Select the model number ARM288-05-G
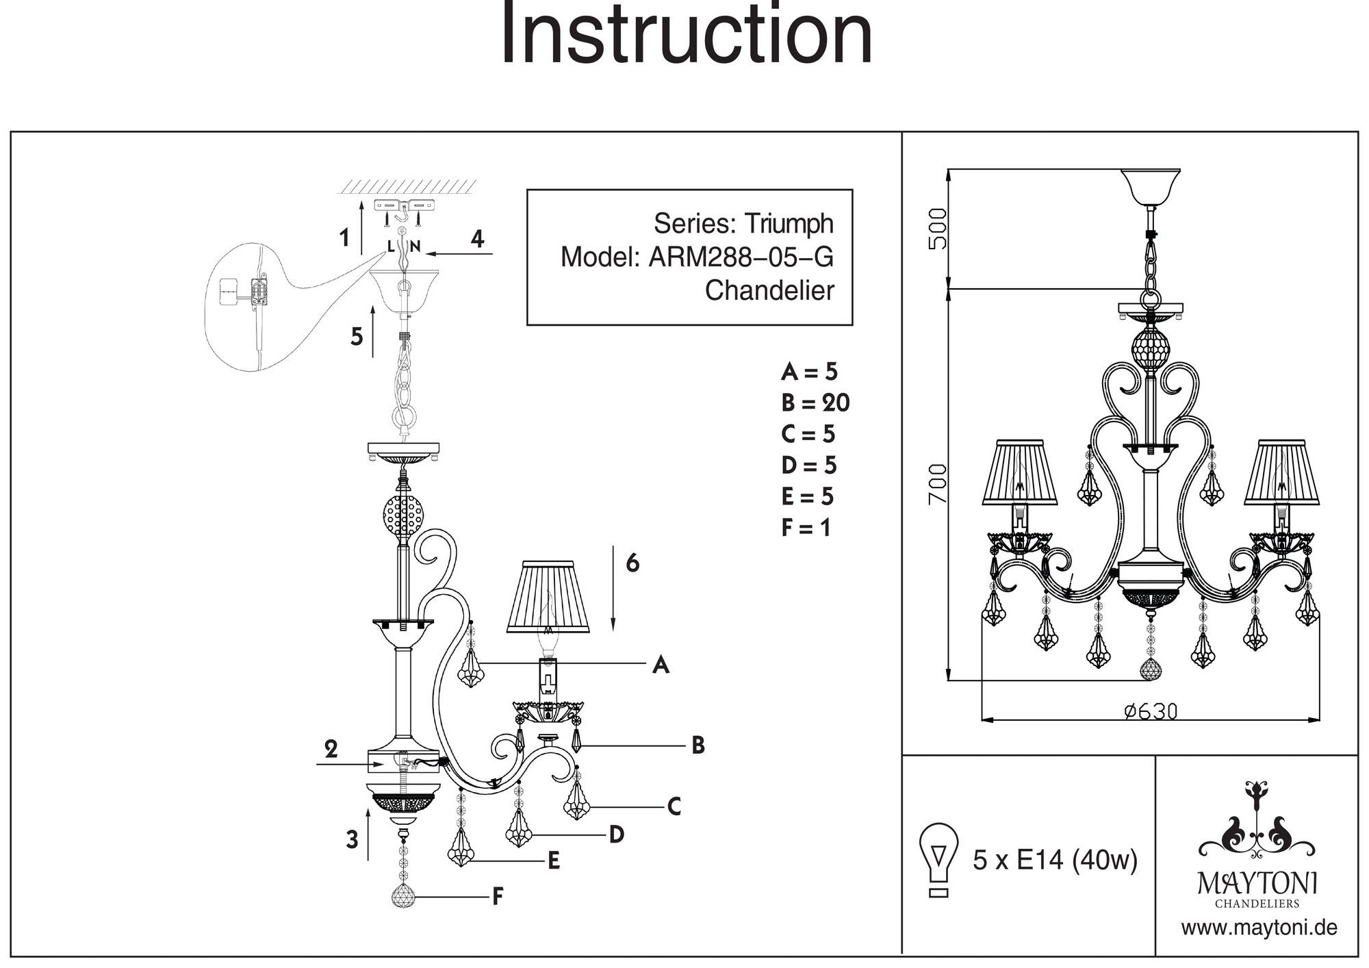point(741,257)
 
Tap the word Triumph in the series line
point(789,224)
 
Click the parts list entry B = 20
point(815,403)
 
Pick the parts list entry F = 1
point(806,528)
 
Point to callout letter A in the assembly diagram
point(660,664)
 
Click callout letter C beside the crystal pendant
point(674,807)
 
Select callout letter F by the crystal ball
point(498,897)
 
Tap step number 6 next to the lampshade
point(632,563)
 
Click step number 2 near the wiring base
point(331,750)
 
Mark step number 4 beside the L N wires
point(477,239)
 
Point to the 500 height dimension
point(938,229)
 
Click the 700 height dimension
point(938,483)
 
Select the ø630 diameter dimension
point(1151,712)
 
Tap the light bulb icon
point(939,859)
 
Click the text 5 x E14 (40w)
point(1055,860)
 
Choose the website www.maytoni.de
point(1259,928)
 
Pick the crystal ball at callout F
point(404,896)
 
